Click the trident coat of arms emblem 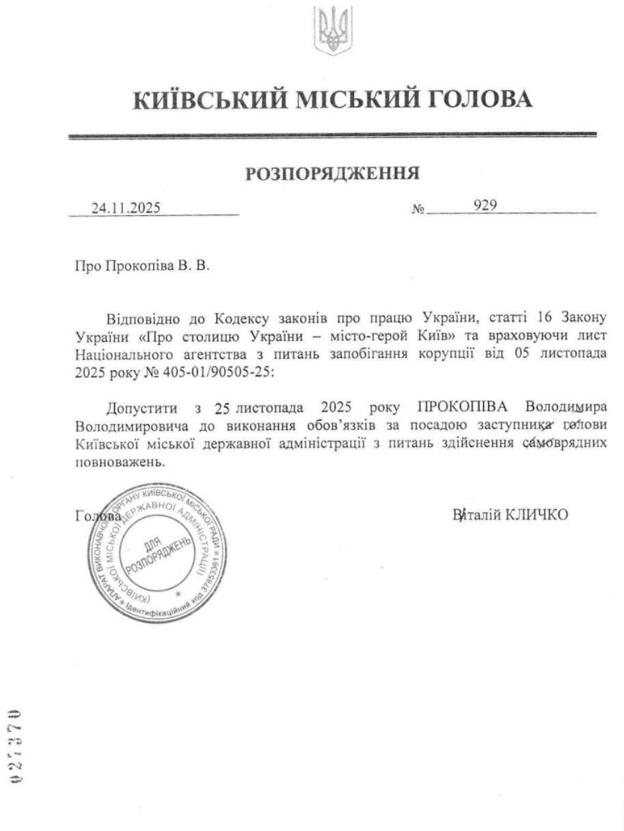(334, 30)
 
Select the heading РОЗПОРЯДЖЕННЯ (333, 174)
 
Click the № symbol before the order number (418, 209)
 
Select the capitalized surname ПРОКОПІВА (463, 408)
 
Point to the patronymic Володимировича (126, 426)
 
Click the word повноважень (120, 461)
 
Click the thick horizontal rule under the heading (333, 137)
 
